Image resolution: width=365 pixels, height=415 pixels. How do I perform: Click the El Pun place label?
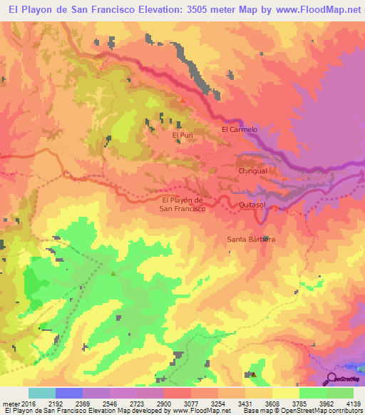[182, 134]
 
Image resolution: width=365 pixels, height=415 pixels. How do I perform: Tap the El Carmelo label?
[239, 130]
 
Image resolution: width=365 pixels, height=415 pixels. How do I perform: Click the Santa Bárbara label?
[251, 240]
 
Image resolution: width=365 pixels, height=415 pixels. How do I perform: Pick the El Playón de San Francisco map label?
[183, 205]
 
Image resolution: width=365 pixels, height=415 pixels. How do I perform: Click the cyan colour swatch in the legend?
[41, 393]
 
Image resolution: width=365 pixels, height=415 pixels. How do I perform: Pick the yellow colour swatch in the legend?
[285, 393]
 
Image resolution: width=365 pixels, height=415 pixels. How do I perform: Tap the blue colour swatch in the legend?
[68, 393]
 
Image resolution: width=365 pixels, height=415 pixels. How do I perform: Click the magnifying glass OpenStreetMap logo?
[331, 378]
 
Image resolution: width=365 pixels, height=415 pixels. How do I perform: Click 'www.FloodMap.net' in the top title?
[317, 9]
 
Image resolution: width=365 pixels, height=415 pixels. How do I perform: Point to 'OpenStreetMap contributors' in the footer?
[319, 411]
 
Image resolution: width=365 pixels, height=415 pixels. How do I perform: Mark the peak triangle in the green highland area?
[113, 273]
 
